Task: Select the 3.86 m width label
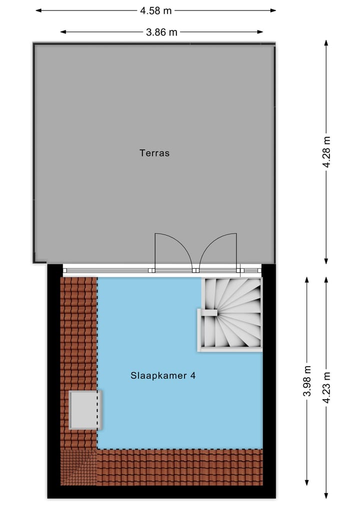click(161, 32)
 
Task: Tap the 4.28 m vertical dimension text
click(327, 153)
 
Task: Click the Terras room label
click(154, 153)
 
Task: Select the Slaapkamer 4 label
click(162, 376)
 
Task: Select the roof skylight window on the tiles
click(84, 410)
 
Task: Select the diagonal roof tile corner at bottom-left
click(78, 467)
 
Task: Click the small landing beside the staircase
click(207, 330)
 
